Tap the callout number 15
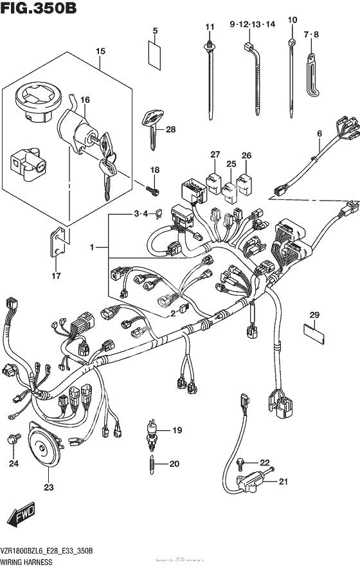[100, 51]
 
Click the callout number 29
[314, 314]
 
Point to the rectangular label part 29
[312, 333]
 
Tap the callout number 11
[209, 26]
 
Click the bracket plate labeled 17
[57, 244]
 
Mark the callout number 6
[319, 133]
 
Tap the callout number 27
[214, 154]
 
